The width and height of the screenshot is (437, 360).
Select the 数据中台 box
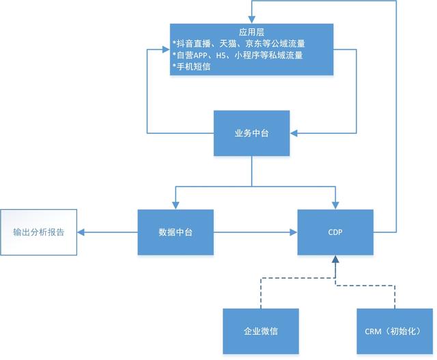click(175, 232)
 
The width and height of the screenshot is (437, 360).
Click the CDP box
click(335, 232)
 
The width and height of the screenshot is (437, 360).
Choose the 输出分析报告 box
click(38, 232)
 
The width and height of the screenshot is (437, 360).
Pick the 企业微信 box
click(261, 331)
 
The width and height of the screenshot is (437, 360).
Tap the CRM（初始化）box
click(395, 331)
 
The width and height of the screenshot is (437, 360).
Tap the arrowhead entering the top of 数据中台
click(175, 206)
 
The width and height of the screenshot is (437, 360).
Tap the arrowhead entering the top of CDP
click(335, 206)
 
